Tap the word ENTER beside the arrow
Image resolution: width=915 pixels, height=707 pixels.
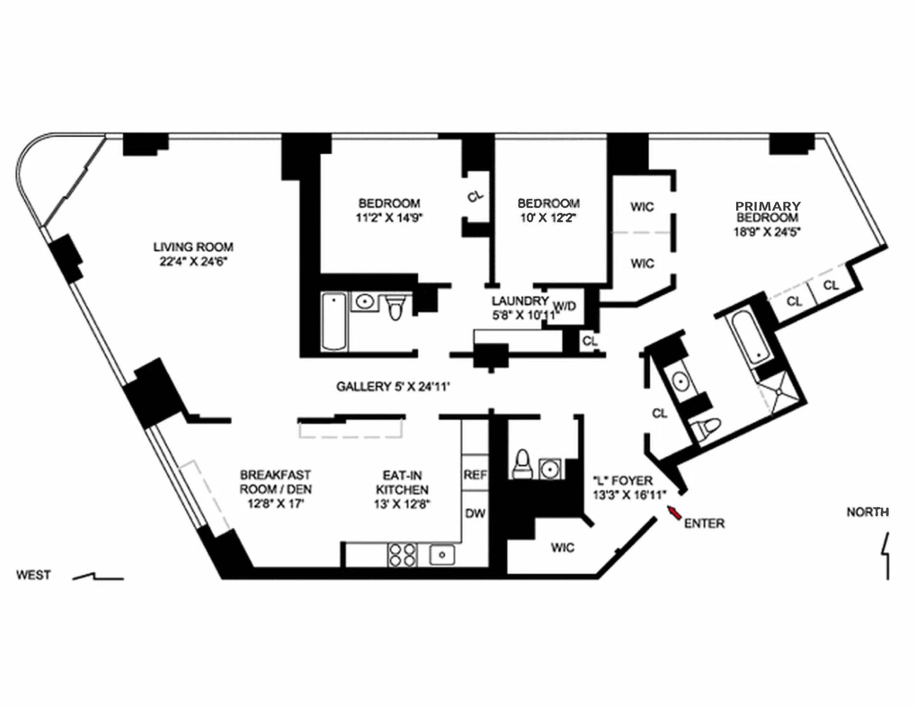[x=704, y=523]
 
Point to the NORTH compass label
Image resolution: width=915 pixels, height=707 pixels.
[x=868, y=512]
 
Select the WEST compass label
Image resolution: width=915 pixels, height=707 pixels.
[x=33, y=575]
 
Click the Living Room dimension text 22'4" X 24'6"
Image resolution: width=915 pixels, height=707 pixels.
[x=193, y=261]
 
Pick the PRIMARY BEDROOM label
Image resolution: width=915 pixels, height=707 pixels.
[x=767, y=211]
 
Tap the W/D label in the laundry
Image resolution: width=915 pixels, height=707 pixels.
[x=564, y=306]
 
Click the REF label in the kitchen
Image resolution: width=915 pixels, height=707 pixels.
[x=475, y=475]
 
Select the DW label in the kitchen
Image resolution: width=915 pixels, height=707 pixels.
[x=475, y=513]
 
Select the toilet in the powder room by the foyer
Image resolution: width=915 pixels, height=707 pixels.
[x=522, y=463]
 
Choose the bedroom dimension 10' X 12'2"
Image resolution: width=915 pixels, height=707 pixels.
[x=548, y=218]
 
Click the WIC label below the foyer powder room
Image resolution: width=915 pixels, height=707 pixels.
[x=562, y=547]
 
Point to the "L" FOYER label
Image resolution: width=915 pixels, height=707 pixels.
[x=622, y=481]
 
